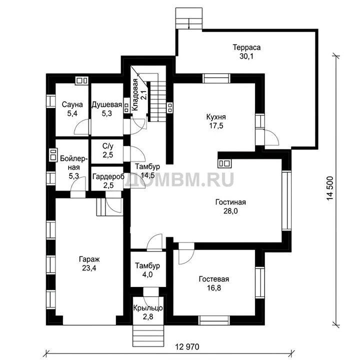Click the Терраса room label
[246, 47]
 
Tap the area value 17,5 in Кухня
[216, 125]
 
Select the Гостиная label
[230, 202]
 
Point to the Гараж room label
[89, 259]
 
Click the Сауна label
[72, 104]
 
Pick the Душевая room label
[107, 104]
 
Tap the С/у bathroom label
[108, 146]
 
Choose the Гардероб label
[108, 176]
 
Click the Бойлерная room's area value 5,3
[73, 176]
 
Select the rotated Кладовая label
[135, 94]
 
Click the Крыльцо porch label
[148, 308]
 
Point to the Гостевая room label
[214, 279]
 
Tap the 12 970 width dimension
[187, 346]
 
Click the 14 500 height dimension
[329, 188]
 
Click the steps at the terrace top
[189, 18]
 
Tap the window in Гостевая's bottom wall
[214, 320]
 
